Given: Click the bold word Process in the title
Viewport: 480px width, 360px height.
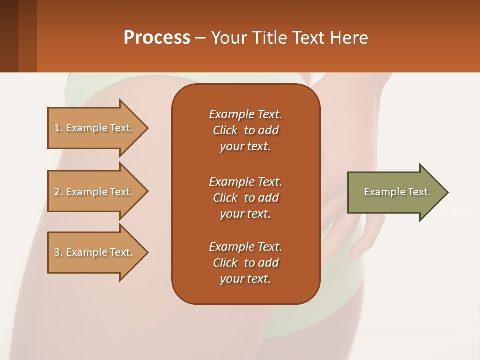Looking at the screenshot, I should [157, 38].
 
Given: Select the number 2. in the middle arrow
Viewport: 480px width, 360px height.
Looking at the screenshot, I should [58, 192].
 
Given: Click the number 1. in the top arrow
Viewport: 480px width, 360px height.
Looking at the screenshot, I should [58, 128].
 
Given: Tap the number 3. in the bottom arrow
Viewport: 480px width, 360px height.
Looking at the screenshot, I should [58, 252].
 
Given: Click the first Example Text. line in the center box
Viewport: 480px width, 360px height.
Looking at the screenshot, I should [245, 114].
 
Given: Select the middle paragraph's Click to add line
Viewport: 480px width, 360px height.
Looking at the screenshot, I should [245, 198].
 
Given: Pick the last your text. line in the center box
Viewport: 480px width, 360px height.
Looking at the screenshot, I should [245, 279].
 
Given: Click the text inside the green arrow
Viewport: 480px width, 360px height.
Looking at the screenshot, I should [397, 192].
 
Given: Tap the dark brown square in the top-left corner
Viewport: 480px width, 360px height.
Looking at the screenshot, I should [9, 36].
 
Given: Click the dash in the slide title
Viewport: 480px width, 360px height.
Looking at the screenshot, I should [200, 38].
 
